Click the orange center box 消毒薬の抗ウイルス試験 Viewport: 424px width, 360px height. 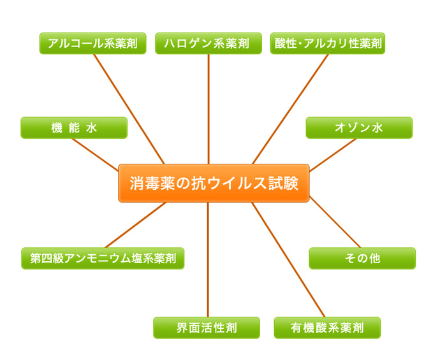(214, 183)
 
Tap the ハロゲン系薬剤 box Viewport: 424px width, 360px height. (208, 43)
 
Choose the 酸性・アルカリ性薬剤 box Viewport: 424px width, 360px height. (328, 43)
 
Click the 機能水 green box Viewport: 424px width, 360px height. (74, 127)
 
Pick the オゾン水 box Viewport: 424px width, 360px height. (359, 127)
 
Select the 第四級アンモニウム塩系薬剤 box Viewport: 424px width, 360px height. (103, 258)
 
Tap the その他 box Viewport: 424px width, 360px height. (362, 258)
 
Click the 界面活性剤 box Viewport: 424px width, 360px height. (207, 328)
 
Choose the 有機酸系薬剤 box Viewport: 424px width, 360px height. (327, 328)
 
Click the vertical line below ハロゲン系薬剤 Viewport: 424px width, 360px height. (208, 108)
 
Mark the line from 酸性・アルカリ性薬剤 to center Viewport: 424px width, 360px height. (290, 108)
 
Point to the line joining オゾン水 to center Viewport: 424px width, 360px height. (333, 154)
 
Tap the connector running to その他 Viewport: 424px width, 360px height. (335, 224)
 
